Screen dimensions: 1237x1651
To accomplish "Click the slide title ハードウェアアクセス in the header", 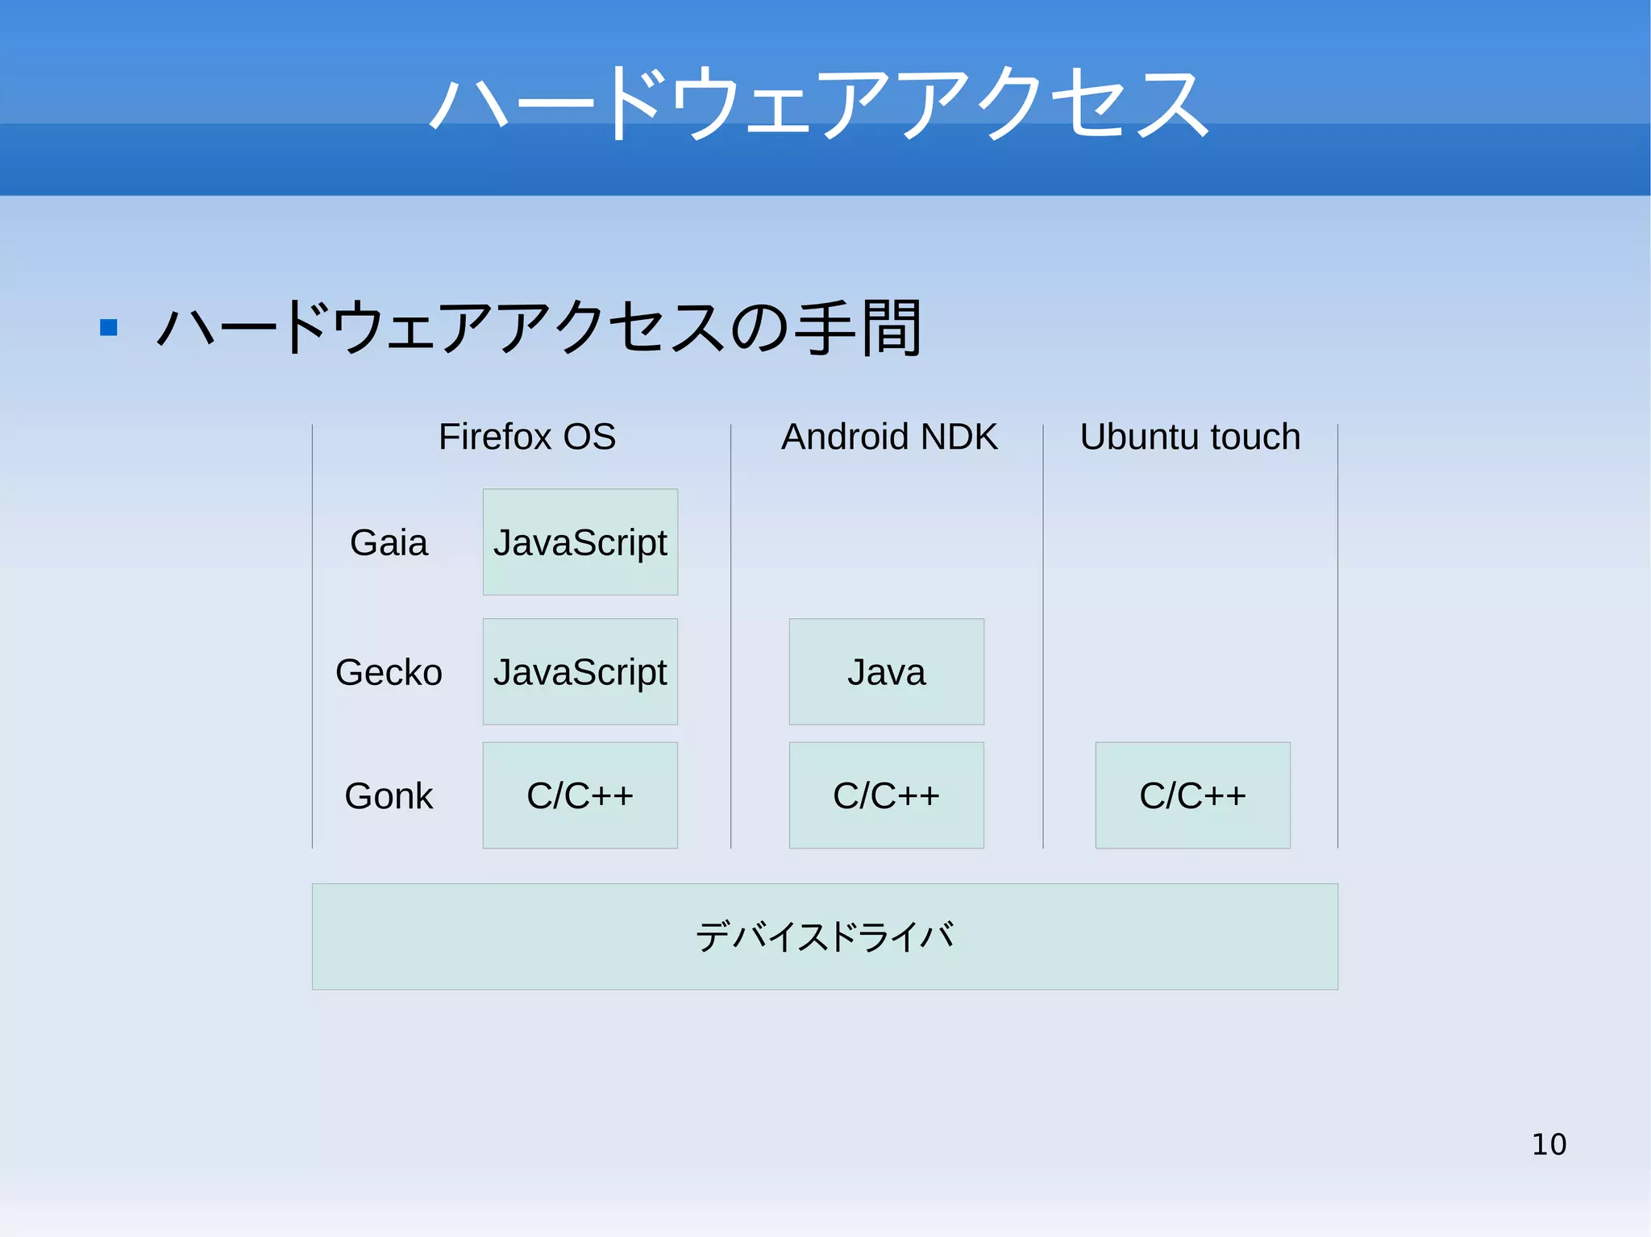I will (819, 103).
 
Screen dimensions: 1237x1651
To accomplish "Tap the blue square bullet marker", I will (109, 327).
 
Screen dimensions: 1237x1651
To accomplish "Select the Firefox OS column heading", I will (526, 437).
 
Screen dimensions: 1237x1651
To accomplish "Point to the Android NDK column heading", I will (888, 437).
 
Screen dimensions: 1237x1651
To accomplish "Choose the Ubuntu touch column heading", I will (1190, 437).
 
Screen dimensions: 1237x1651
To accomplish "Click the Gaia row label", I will (389, 542).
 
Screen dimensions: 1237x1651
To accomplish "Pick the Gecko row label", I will (389, 672).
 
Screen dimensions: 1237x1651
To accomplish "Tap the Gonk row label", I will (389, 796).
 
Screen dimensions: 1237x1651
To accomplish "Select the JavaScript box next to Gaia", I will (580, 542).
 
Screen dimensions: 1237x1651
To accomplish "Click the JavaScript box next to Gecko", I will (580, 672).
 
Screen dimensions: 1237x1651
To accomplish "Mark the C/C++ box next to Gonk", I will (580, 795).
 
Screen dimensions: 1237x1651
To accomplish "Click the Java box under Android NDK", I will (886, 672).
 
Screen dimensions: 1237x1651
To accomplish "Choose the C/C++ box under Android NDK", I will (886, 795).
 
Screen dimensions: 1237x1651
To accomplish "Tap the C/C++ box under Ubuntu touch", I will (1192, 795).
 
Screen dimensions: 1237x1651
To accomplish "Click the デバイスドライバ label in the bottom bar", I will (825, 936).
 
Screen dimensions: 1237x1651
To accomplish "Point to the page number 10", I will (1549, 1144).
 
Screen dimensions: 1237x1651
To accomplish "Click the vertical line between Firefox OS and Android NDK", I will (731, 637).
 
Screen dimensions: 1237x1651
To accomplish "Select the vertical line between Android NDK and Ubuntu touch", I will (1043, 637).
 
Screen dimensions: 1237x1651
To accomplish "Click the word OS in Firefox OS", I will (589, 437).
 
